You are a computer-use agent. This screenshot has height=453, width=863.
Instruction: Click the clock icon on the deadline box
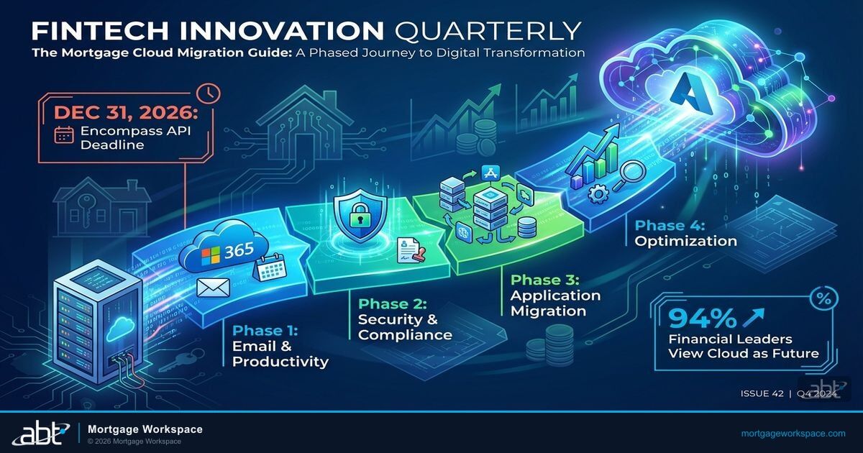pos(209,93)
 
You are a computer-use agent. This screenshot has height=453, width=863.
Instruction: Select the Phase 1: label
pos(265,330)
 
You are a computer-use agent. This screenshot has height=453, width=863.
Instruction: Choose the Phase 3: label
pos(543,279)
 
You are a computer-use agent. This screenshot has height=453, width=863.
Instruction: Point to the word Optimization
pos(685,241)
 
